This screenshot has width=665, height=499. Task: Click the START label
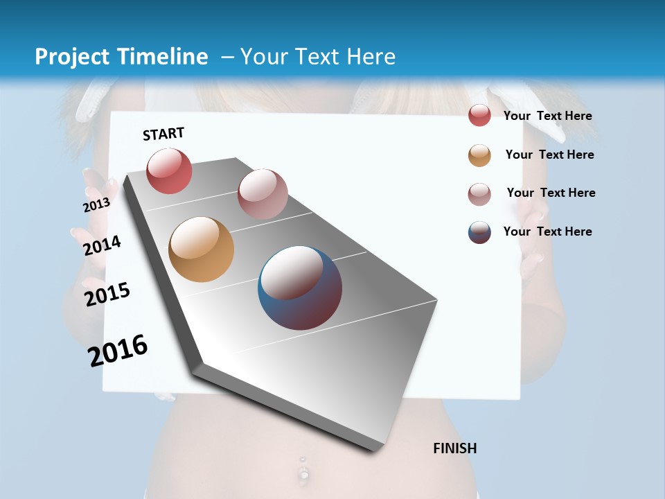(163, 134)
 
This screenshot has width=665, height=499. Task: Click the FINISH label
(454, 448)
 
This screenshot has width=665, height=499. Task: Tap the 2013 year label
(96, 205)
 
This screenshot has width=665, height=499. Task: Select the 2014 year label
(102, 245)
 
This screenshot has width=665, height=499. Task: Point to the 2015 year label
(107, 294)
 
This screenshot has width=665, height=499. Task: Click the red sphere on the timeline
(169, 170)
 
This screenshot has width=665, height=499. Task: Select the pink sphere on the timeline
(263, 193)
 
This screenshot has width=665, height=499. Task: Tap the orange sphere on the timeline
(201, 249)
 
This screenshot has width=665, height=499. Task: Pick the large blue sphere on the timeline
(300, 288)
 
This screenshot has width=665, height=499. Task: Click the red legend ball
(479, 116)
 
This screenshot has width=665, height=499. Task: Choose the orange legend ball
(479, 155)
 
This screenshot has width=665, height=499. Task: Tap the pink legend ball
(479, 194)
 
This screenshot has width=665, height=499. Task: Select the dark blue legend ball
(479, 232)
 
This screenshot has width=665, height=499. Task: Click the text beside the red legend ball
(547, 116)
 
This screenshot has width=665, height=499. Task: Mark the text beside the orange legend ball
(549, 155)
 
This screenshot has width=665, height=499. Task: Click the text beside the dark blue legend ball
(547, 231)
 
